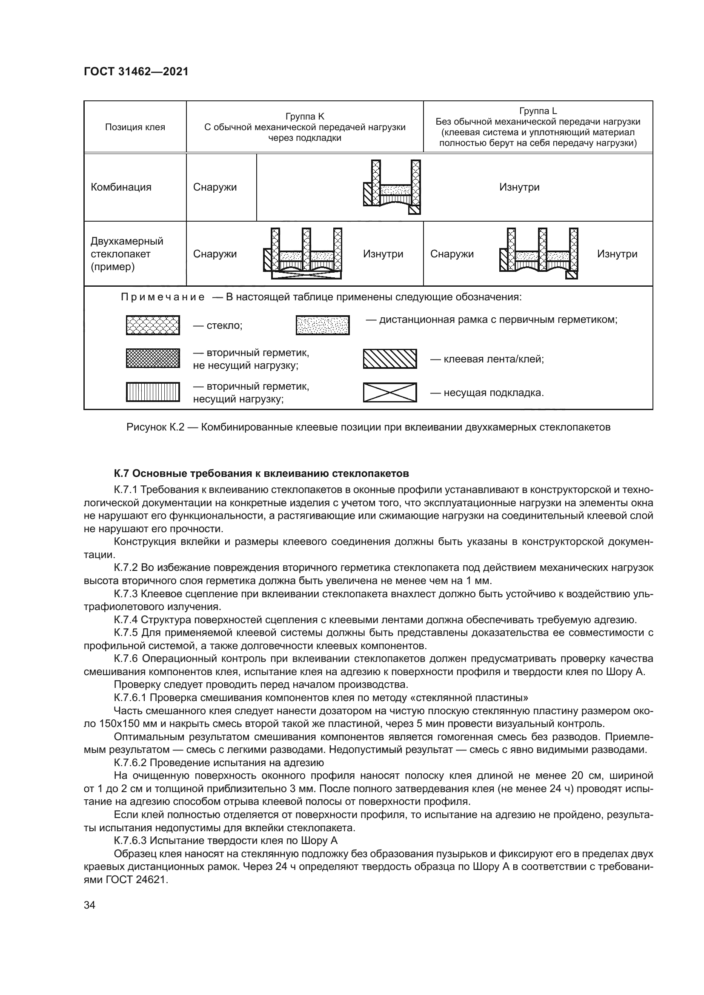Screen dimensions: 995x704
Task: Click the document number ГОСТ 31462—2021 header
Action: [136, 71]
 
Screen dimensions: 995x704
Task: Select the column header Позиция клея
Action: [135, 127]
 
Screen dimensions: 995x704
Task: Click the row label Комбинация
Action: [121, 187]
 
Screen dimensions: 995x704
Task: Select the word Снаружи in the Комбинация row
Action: [215, 187]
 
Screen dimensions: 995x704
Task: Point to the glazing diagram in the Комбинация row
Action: [392, 187]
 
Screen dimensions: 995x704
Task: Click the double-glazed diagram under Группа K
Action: [303, 254]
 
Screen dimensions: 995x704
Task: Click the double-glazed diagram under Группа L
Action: [538, 254]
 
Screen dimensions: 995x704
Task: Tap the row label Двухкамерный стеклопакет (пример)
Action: [127, 254]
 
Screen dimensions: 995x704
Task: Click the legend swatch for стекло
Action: [153, 325]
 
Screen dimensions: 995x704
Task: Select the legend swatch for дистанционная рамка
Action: [323, 325]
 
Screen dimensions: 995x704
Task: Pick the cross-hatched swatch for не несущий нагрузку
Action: [153, 358]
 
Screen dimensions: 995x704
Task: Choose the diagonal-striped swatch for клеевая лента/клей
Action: [389, 359]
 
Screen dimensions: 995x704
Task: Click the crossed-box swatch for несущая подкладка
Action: [389, 393]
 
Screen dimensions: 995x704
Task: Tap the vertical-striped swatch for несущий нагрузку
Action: [153, 392]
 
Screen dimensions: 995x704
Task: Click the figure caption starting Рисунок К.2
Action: [368, 427]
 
